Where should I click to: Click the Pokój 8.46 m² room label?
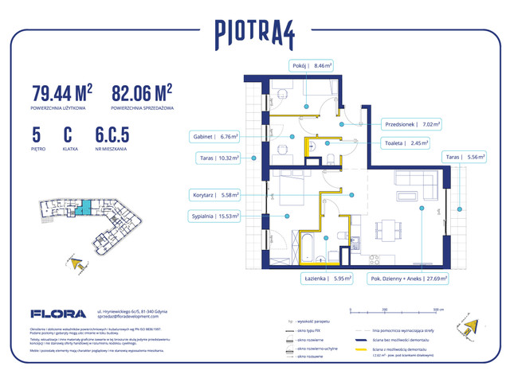[312, 68]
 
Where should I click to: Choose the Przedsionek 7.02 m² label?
[413, 124]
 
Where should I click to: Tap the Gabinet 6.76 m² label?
[215, 135]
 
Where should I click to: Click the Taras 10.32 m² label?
[215, 158]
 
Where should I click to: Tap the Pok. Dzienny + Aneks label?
[407, 279]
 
